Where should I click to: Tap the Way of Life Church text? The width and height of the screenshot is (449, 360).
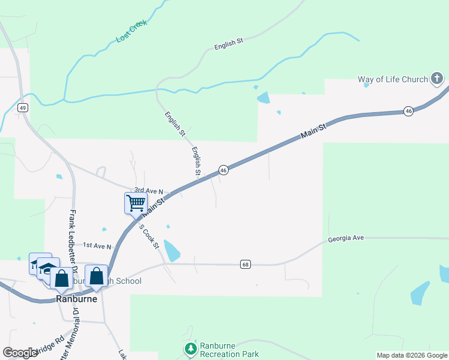393,79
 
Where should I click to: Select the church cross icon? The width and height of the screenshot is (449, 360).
437,79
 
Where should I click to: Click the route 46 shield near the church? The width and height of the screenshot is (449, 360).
408,111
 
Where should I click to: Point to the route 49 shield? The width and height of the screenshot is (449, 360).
22,107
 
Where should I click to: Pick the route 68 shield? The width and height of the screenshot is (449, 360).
245,264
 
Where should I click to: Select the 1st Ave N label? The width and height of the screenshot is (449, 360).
97,246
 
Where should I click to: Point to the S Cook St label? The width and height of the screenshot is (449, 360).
148,236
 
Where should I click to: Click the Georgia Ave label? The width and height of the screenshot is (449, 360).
346,238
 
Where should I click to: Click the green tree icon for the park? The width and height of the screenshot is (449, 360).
191,348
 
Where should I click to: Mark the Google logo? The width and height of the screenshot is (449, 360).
20,352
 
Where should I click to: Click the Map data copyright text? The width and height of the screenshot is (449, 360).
411,355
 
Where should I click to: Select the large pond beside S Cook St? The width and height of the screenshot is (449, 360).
171,251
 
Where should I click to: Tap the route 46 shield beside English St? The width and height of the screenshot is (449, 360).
223,170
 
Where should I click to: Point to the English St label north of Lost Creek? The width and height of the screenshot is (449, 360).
228,42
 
